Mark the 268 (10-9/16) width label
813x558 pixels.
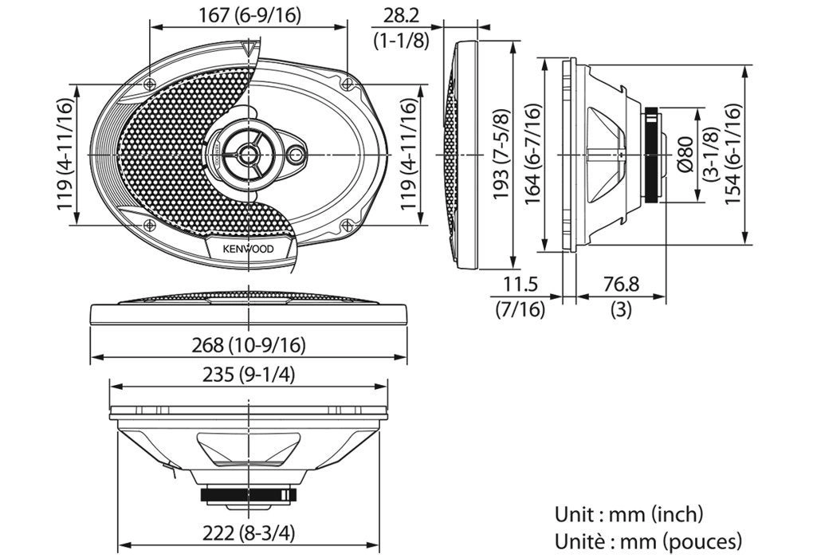tap(249, 344)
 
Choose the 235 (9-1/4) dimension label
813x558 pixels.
tap(249, 375)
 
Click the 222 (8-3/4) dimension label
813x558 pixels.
tap(249, 533)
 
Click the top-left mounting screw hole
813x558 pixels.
tap(151, 84)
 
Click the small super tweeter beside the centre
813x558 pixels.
tap(297, 155)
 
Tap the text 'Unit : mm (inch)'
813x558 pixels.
tap(629, 514)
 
